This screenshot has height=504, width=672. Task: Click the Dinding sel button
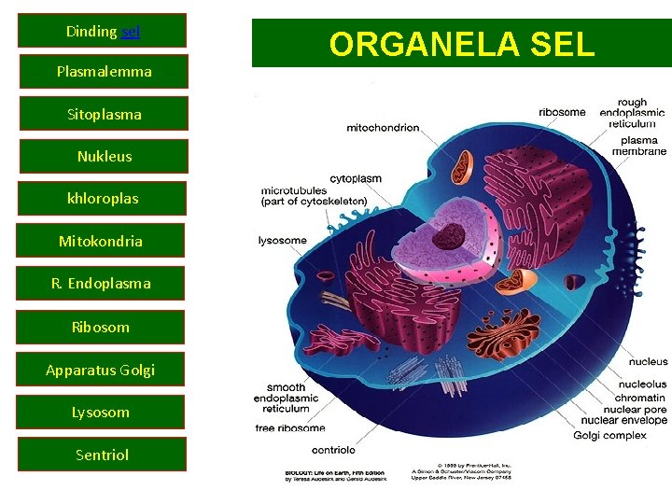(103, 31)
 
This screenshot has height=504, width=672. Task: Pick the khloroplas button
(103, 199)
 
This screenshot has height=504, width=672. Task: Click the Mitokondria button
(101, 242)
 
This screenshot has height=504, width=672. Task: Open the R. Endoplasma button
(101, 283)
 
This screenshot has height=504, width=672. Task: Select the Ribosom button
(101, 327)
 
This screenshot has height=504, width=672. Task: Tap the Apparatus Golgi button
(101, 370)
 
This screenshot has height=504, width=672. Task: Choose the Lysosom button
(101, 412)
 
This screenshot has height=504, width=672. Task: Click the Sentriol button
(102, 455)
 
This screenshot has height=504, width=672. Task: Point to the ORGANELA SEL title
(461, 44)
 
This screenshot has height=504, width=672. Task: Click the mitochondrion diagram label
(383, 128)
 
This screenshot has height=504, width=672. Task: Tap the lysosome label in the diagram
(282, 241)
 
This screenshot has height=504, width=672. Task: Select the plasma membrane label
(639, 147)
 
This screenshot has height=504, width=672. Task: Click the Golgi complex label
(609, 435)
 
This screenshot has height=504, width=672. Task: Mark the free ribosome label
(290, 428)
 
